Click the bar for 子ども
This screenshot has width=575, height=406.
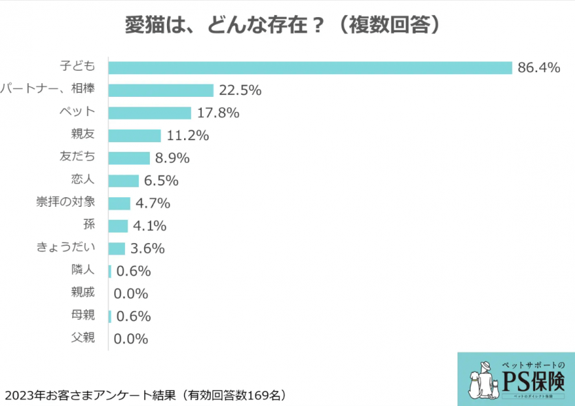pyautogui.click(x=311, y=67)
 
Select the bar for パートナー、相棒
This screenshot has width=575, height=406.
pyautogui.click(x=161, y=90)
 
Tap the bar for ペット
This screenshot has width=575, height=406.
pyautogui.click(x=150, y=113)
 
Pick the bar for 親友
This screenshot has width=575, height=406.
pyautogui.click(x=135, y=135)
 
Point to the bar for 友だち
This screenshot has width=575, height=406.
pyautogui.click(x=129, y=158)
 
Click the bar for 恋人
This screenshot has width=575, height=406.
pyautogui.click(x=124, y=181)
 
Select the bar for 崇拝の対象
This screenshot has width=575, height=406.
pyautogui.click(x=120, y=203)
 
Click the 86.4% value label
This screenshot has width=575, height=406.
pyautogui.click(x=539, y=67)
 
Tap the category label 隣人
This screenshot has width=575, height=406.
pyautogui.click(x=82, y=270)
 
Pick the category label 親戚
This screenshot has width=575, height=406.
pyautogui.click(x=82, y=293)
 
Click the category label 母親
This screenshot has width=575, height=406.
pyautogui.click(x=82, y=315)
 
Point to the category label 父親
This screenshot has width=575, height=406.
pyautogui.click(x=82, y=338)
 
